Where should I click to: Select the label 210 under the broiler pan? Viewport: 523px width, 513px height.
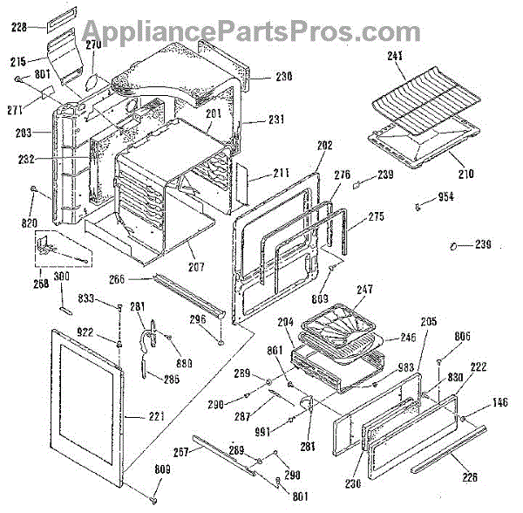[x=467, y=174]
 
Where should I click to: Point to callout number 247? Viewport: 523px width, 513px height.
[x=364, y=288]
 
